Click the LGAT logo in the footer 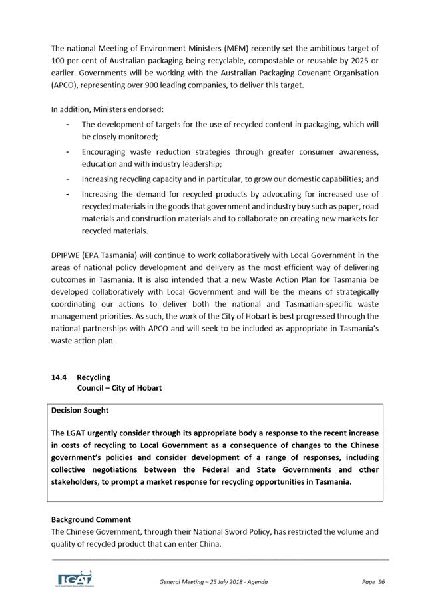coord(73,578)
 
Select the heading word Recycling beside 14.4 coord(93,377)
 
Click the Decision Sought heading coord(80,410)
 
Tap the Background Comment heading coord(91,519)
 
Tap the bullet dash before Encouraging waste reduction coord(69,151)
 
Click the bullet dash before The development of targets coord(69,124)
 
